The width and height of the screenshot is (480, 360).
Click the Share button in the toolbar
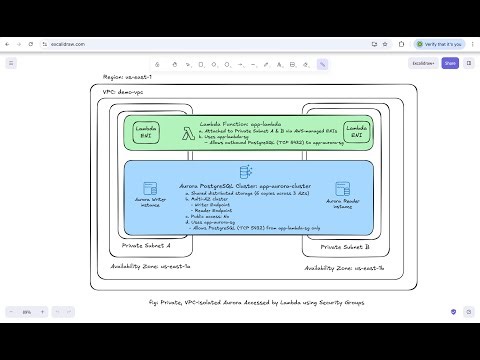point(450,63)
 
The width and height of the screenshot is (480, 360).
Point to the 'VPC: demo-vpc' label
point(124,91)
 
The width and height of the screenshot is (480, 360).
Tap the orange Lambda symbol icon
point(189,129)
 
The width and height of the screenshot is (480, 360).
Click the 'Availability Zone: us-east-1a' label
point(151,267)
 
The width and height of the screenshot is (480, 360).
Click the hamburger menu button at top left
point(12,63)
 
